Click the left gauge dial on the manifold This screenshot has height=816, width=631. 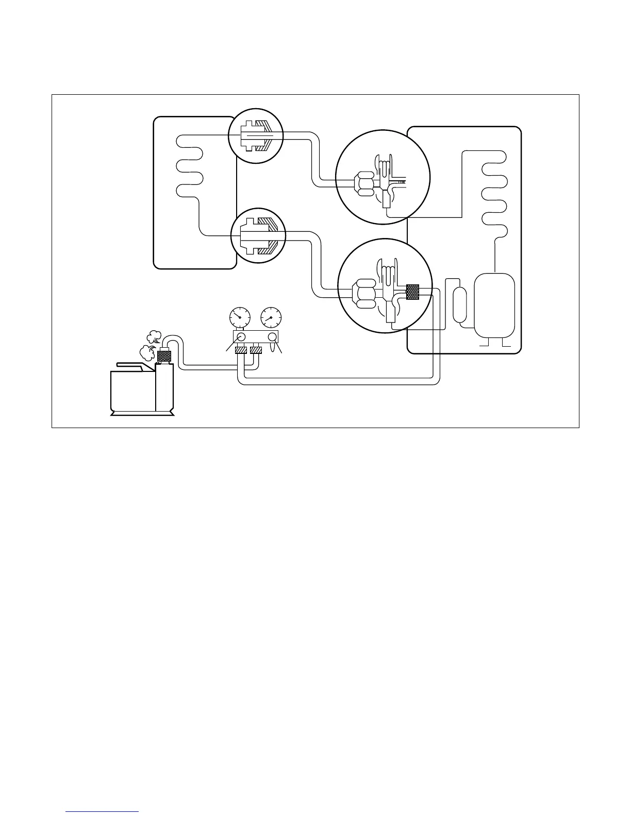[x=239, y=318]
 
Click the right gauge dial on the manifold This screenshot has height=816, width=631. [x=271, y=318]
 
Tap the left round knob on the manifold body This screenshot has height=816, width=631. [x=240, y=337]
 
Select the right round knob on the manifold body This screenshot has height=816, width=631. [x=273, y=337]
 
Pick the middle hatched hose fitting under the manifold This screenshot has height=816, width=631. [x=256, y=350]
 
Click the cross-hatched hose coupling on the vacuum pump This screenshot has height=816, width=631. [x=164, y=355]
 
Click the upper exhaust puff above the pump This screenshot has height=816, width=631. [x=154, y=337]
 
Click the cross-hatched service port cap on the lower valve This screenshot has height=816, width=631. [x=412, y=292]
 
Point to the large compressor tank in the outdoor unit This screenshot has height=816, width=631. [x=494, y=305]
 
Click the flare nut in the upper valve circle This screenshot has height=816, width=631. [x=365, y=183]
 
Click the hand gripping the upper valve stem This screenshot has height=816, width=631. [x=385, y=164]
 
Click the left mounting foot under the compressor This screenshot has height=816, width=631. [x=484, y=343]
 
